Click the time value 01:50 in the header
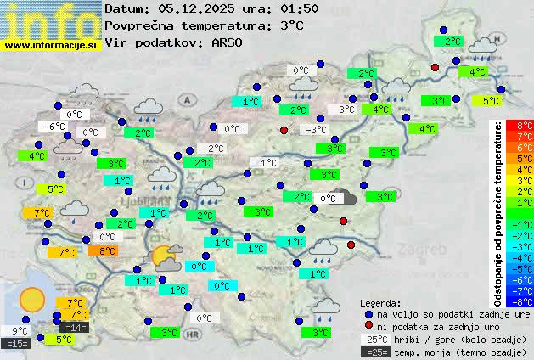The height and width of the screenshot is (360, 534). (299, 8)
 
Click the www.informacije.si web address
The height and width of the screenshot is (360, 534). (51, 43)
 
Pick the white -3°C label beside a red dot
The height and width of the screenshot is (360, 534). (316, 129)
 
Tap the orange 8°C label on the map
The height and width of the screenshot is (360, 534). (106, 250)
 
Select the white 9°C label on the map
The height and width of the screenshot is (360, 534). (16, 330)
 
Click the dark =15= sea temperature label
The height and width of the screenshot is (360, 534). (16, 343)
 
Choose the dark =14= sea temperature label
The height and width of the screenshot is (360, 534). (74, 327)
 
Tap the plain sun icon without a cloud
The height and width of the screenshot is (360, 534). (32, 300)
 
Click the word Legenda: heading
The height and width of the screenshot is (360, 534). (380, 302)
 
